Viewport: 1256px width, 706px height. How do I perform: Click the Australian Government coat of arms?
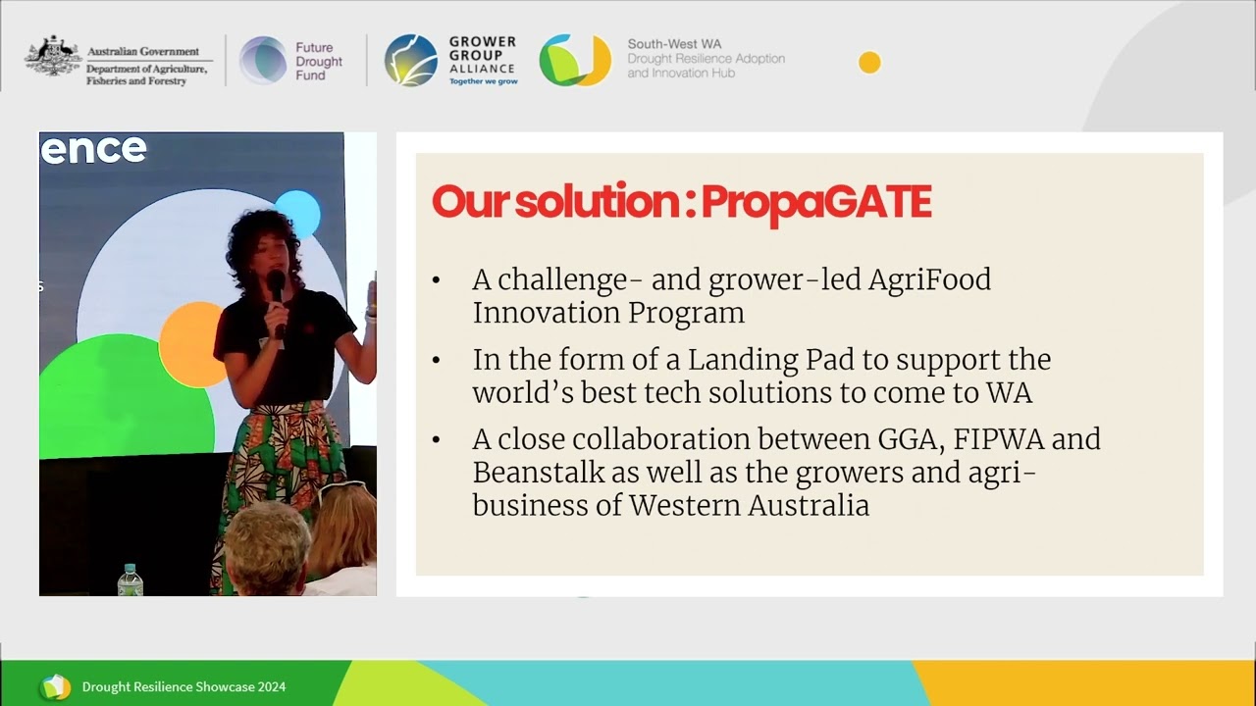tap(53, 57)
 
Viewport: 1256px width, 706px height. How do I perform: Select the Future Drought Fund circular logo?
tap(263, 61)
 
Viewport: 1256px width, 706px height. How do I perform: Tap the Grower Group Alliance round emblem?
tap(410, 61)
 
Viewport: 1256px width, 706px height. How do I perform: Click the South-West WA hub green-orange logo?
tap(574, 61)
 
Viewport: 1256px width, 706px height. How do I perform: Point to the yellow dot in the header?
tap(869, 63)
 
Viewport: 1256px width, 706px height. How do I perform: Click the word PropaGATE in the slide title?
tap(816, 202)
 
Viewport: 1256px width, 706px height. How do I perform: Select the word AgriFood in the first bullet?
tap(929, 280)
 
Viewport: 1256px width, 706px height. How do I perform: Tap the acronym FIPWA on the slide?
tap(1000, 439)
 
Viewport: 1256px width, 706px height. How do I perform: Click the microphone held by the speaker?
tap(277, 289)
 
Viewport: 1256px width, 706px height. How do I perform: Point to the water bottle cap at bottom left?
tap(131, 570)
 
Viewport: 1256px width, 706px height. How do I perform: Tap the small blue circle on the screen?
tap(297, 213)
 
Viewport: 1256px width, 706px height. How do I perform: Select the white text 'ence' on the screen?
tap(93, 149)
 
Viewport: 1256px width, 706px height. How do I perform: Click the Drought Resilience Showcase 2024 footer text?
tap(183, 687)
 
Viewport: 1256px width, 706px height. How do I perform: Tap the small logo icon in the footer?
tap(55, 687)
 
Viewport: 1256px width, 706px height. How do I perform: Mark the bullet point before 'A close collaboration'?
tap(437, 440)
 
